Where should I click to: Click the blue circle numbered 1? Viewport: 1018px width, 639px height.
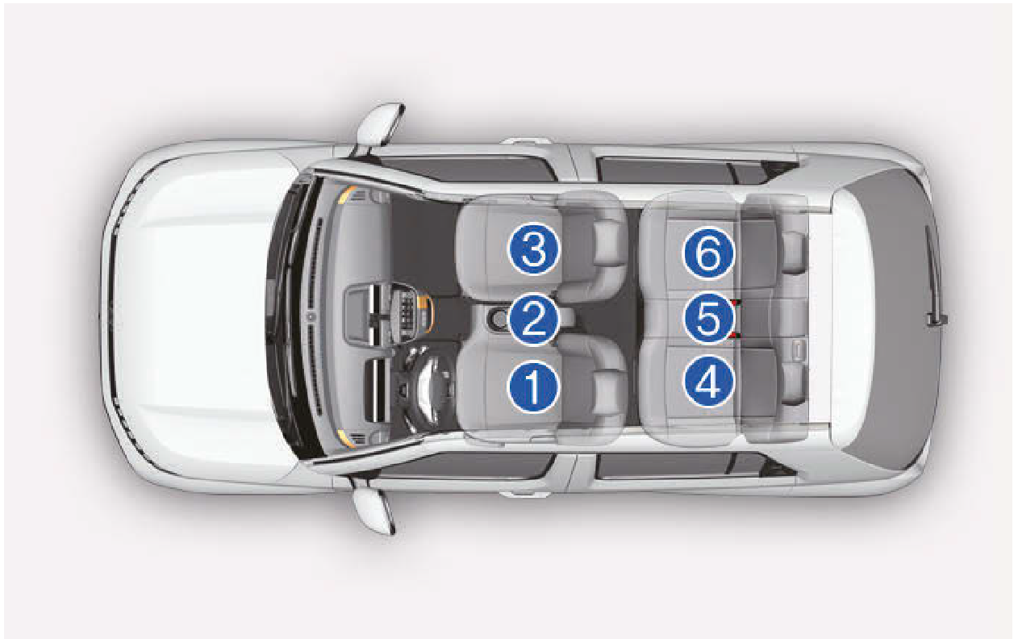[x=532, y=386]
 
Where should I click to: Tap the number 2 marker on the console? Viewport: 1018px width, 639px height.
[x=533, y=319]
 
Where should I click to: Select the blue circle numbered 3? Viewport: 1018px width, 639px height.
[x=533, y=249]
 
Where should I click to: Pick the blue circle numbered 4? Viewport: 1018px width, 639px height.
[x=709, y=381]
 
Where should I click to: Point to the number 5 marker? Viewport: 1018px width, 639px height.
[x=709, y=318]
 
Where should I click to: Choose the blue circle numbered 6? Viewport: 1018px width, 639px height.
[x=709, y=252]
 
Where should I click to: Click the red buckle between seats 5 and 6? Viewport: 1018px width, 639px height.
[x=736, y=303]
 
